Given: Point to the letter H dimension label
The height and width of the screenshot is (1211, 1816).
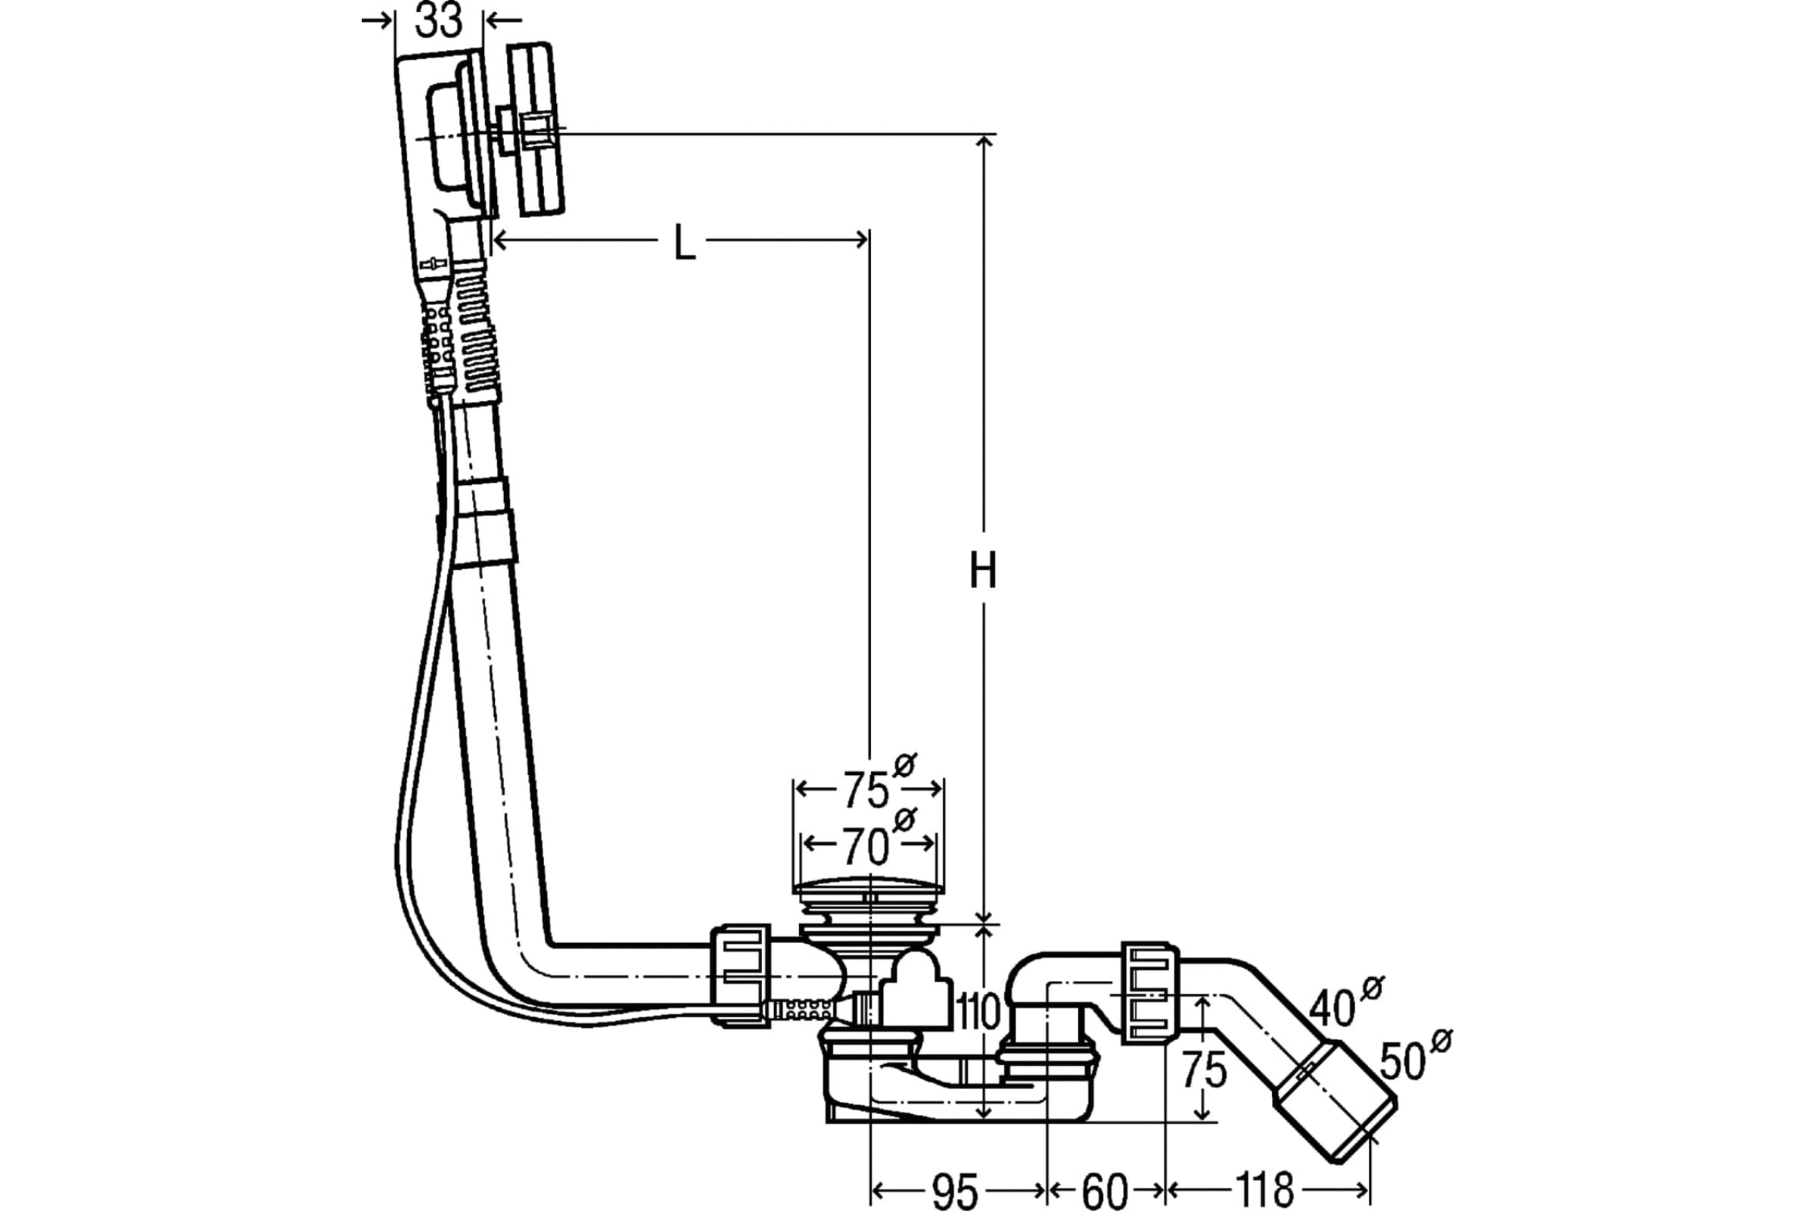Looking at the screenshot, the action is coord(983,571).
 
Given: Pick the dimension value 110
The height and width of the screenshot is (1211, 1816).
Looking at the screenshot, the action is coord(978,1012).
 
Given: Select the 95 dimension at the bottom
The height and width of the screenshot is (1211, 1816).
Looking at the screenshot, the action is coord(955,1190).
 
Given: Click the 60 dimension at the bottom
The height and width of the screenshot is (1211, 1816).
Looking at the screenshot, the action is coord(1105,1190).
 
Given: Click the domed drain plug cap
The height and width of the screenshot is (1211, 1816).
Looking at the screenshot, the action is coord(869,888).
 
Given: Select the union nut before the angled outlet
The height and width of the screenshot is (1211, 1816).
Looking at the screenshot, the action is coord(1150,994).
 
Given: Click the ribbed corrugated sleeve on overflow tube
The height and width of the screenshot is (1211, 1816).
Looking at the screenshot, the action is coord(477,332).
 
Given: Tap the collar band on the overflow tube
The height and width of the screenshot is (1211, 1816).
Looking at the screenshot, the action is coord(487,522).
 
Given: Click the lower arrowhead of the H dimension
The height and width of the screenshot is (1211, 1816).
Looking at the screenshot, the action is coord(984,917).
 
